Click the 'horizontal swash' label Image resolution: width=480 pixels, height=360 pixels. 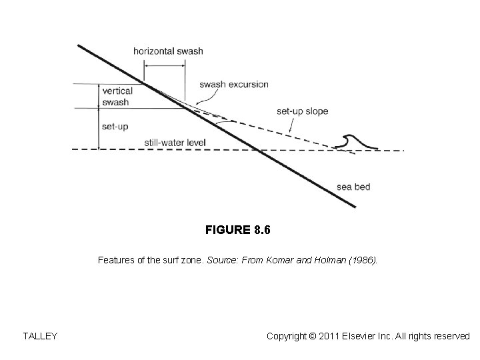point(168,51)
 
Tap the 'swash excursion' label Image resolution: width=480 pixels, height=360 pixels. point(233,85)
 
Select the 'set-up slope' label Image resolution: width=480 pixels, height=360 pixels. point(302,111)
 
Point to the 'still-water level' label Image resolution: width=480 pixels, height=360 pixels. point(175,143)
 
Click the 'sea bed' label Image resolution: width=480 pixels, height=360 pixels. point(353,187)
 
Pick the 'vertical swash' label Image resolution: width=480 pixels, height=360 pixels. point(117,97)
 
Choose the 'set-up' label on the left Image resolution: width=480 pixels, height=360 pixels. point(115,126)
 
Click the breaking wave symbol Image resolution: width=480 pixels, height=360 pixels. point(353,143)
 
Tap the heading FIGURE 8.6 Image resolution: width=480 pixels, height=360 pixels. point(238,231)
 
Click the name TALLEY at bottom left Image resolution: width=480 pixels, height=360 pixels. point(40,336)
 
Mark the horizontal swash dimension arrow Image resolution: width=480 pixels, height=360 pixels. point(165,65)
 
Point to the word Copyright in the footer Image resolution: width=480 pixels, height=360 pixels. point(287,336)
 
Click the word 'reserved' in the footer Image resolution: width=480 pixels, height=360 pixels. point(451,336)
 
